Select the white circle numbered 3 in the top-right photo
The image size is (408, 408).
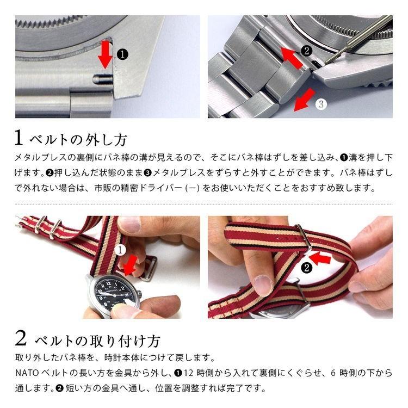(321, 103)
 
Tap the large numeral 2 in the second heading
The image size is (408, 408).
(21, 339)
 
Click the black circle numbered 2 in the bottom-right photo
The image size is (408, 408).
(306, 267)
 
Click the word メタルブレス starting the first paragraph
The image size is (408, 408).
(39, 158)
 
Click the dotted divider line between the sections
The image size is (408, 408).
(204, 204)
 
